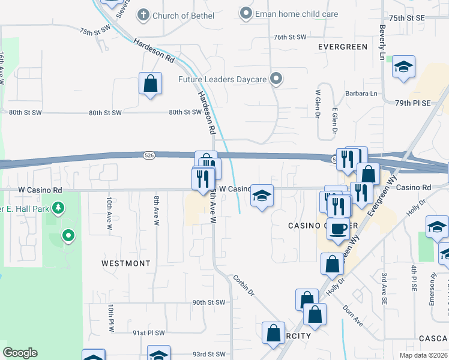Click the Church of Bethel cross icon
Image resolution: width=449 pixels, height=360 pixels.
[x=143, y=14]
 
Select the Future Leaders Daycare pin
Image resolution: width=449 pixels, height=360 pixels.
[x=276, y=79]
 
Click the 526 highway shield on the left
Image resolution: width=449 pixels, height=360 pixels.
[x=148, y=155]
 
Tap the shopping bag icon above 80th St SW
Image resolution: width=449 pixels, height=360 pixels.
[x=150, y=84]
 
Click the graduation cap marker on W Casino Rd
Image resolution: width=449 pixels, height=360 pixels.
[x=262, y=196]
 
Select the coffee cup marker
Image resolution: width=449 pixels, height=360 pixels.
[x=339, y=229]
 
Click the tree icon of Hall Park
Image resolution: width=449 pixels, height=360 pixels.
[x=58, y=209]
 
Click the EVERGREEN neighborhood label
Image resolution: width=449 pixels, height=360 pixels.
[x=343, y=46]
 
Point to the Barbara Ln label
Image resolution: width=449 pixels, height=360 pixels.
[x=361, y=94]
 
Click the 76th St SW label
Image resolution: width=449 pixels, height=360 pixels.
[x=290, y=37]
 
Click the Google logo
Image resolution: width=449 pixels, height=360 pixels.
[x=20, y=353]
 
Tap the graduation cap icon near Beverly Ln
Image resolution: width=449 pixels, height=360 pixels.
[x=404, y=68]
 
